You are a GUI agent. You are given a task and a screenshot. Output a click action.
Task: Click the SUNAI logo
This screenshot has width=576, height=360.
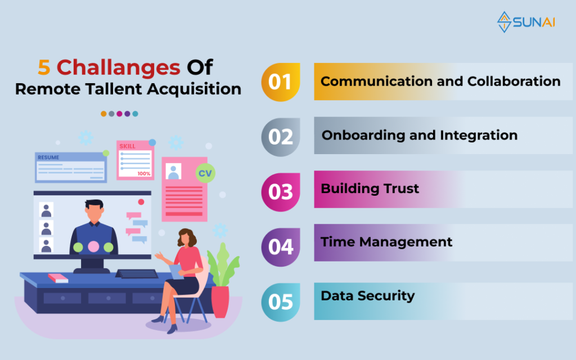tap(526, 22)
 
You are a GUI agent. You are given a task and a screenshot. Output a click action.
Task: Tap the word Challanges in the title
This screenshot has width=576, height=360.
tap(118, 68)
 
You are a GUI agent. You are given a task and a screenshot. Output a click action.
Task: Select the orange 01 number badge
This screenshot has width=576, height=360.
tap(281, 82)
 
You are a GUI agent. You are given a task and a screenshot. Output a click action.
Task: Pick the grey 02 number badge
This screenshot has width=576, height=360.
tap(281, 137)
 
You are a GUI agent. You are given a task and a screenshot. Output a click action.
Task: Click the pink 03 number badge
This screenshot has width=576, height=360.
tap(281, 192)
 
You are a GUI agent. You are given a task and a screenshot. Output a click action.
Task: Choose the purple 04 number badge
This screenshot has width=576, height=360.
tap(281, 247)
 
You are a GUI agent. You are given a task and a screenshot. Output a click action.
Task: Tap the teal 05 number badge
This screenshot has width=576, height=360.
tap(281, 302)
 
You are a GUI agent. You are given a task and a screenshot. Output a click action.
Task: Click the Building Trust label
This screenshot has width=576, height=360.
tap(370, 188)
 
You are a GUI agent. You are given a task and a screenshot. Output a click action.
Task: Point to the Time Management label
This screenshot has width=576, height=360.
tap(386, 242)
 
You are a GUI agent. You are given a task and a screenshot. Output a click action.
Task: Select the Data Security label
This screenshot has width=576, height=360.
tap(368, 296)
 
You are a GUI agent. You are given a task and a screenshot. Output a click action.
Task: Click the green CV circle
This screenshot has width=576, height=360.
tap(205, 173)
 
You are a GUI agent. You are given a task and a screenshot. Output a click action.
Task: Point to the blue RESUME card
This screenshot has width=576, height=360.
tap(71, 168)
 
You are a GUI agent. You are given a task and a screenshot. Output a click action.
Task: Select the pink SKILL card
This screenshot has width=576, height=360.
tap(135, 160)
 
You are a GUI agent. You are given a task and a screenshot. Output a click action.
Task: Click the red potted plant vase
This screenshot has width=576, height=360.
tap(220, 301)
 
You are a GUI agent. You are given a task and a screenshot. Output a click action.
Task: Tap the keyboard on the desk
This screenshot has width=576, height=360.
tap(137, 274)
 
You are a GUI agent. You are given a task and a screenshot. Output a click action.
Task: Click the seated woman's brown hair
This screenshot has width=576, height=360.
tap(187, 237)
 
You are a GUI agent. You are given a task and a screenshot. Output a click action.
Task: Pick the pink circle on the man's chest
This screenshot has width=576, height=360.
tap(93, 246)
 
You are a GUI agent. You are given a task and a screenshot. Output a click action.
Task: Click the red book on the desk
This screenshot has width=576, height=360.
tap(58, 278)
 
